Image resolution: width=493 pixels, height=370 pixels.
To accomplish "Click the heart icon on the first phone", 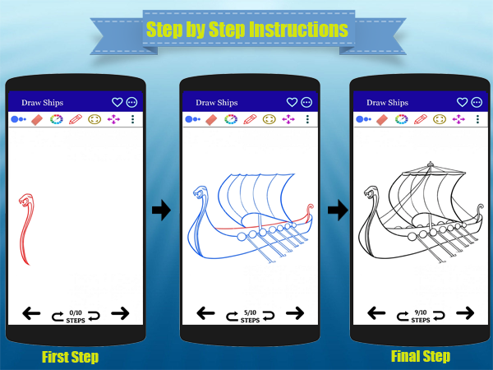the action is click(x=117, y=102).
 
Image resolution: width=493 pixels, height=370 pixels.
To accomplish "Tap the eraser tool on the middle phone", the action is click(x=211, y=119).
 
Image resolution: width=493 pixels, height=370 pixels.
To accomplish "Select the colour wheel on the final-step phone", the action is click(x=402, y=119).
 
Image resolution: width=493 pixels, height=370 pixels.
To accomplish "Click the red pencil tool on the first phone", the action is click(x=76, y=119).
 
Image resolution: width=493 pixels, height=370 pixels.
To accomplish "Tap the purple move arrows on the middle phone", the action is click(x=288, y=119).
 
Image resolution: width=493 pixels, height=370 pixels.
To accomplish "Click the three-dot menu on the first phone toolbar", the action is click(x=132, y=119).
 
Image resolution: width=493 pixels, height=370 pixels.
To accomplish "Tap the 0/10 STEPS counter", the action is click(x=76, y=317).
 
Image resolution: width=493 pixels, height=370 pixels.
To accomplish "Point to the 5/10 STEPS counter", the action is click(x=250, y=317).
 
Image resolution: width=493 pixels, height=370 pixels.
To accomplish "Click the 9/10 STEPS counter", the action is click(x=421, y=317).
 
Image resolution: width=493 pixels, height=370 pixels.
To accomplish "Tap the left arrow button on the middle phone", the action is click(x=205, y=313).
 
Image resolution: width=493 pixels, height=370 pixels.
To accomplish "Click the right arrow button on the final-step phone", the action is click(x=465, y=313).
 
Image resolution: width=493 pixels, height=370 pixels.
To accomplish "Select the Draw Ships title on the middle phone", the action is click(x=217, y=103).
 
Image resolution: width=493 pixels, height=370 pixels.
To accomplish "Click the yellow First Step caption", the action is click(x=70, y=357).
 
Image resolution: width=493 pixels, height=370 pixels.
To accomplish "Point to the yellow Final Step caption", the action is click(x=421, y=357).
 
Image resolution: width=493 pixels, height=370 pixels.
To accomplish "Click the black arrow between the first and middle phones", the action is click(x=162, y=210).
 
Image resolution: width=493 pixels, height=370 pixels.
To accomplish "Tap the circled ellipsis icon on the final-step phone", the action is click(x=477, y=102).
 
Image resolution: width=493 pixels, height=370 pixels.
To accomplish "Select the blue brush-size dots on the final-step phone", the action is click(x=363, y=119).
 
